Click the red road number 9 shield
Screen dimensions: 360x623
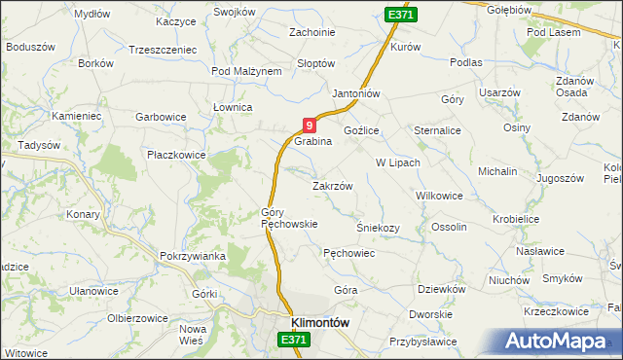click(x=309, y=125)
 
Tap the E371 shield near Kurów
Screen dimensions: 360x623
click(x=400, y=17)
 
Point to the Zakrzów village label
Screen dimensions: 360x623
click(x=331, y=185)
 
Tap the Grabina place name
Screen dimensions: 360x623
click(x=313, y=141)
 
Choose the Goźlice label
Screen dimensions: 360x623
click(x=361, y=129)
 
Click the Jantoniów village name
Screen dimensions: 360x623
click(x=355, y=93)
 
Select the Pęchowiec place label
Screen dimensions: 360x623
click(x=348, y=252)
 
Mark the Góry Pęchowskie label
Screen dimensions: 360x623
click(x=289, y=218)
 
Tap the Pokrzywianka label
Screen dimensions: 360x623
click(x=193, y=256)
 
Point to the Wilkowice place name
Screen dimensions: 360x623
click(x=439, y=196)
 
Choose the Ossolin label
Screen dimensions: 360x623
click(x=450, y=227)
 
